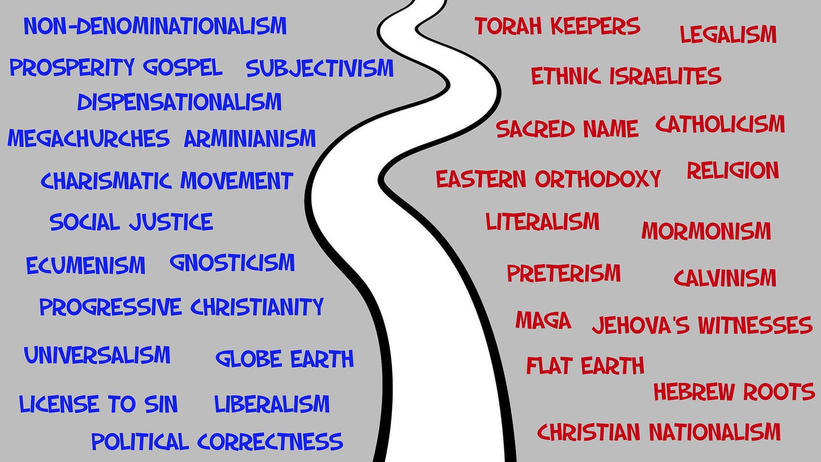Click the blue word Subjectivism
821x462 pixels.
point(320,68)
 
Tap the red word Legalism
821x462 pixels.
point(728,34)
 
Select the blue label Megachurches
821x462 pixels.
point(89,138)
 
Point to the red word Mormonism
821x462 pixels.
point(706,231)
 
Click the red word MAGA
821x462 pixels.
point(543,320)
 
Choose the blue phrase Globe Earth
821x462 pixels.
point(285,359)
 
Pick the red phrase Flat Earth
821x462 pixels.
point(585,366)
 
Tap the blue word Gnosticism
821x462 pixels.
point(232,263)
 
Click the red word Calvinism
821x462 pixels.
point(725,278)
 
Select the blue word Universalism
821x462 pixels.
point(97,355)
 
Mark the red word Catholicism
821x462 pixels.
point(720,124)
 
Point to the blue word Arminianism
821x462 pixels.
point(250,138)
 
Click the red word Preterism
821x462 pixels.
point(563,274)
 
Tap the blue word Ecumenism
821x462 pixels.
point(86,265)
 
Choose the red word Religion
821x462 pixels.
point(732,170)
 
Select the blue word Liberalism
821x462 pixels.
point(272,404)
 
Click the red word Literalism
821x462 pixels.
point(542,222)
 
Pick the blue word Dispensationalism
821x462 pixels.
point(179,102)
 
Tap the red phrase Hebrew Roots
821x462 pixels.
point(734,391)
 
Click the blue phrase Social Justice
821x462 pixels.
point(131,222)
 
